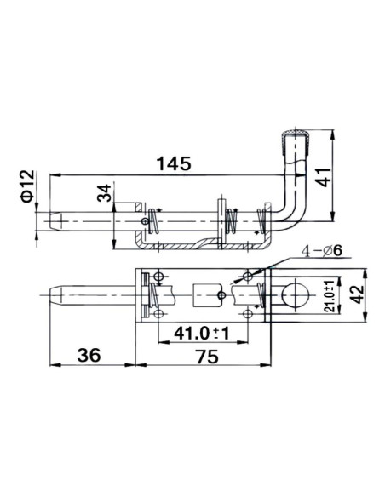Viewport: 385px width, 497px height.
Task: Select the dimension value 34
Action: coord(103,194)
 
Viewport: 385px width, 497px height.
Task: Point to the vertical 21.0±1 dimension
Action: coord(329,297)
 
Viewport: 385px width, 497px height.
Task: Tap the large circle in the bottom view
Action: coord(296,294)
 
